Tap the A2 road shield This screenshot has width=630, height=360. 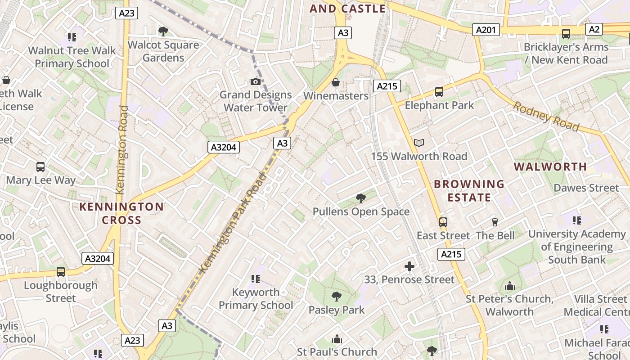[594, 29]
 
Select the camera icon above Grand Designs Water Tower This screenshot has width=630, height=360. [256, 81]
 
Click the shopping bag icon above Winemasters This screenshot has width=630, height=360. [335, 82]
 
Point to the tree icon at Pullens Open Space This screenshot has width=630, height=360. [360, 198]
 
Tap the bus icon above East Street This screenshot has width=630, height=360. [443, 222]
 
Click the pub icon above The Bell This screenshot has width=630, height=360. [495, 222]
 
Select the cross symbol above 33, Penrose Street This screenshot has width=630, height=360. [409, 266]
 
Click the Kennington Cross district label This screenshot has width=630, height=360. [121, 213]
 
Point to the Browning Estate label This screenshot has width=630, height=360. [469, 190]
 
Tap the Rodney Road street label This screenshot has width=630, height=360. [546, 117]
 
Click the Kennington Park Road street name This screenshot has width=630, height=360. [232, 223]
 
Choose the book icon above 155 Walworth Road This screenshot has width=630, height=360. [419, 143]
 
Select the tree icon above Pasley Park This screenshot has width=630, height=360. [336, 296]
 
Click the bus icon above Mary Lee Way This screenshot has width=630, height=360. [40, 167]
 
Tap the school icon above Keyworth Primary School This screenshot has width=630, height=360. [256, 279]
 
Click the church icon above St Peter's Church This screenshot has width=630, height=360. [509, 286]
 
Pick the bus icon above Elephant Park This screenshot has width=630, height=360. [439, 92]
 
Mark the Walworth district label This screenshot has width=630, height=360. [550, 166]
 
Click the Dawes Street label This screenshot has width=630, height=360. [586, 188]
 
